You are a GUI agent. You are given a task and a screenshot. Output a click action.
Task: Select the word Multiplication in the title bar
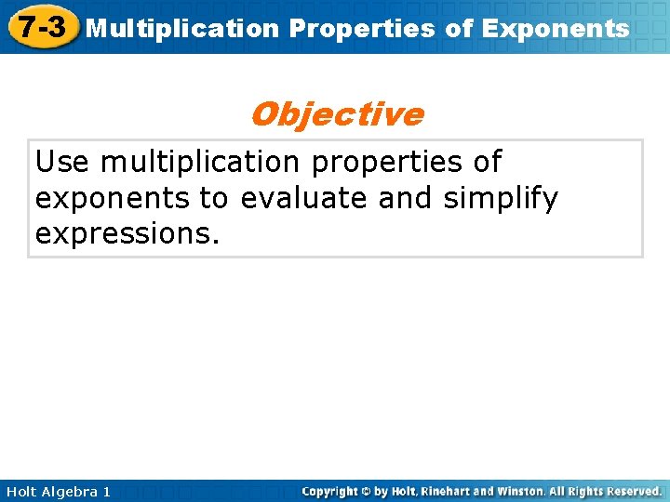(181, 29)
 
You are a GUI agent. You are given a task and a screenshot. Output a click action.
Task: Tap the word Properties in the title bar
(361, 29)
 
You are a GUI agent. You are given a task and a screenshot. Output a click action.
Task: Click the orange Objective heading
(336, 114)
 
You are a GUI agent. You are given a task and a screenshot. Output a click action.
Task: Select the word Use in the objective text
(63, 162)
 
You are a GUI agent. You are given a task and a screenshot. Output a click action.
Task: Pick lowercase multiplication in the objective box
(200, 162)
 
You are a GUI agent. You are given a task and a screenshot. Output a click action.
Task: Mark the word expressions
(127, 234)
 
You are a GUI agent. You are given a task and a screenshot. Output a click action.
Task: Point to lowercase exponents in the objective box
(112, 199)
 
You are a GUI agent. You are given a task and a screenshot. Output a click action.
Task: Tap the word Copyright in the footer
(331, 491)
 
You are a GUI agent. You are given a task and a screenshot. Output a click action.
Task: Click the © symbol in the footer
(366, 491)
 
